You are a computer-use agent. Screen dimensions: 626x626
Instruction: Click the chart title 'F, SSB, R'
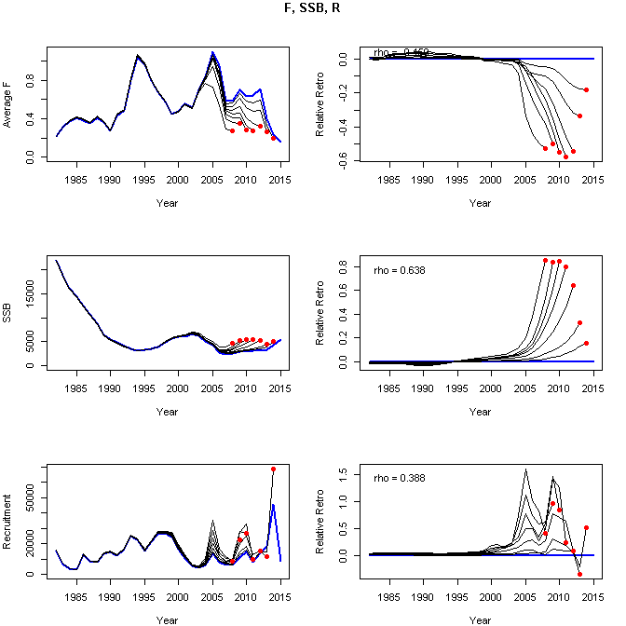313,8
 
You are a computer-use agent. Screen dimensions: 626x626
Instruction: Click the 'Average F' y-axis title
8,108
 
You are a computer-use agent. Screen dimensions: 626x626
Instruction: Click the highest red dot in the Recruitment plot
273,469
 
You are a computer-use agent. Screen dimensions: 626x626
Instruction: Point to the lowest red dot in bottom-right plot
579,574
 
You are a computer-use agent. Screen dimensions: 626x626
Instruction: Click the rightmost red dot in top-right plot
586,89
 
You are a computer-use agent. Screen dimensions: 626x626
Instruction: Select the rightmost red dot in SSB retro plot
586,343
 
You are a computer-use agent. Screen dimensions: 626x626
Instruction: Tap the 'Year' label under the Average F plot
168,202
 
